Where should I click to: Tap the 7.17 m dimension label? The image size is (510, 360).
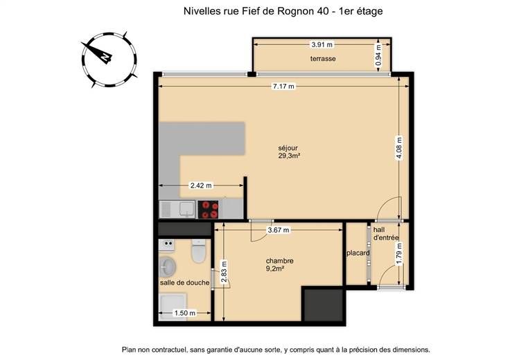(x=283, y=86)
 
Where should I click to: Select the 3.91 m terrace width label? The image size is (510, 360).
(x=322, y=45)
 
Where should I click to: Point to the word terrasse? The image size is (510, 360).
(x=323, y=59)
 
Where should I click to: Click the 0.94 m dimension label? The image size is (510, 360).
(x=378, y=55)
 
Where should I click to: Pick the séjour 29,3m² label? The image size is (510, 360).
(x=288, y=152)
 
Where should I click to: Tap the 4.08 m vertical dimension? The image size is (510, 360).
(x=399, y=148)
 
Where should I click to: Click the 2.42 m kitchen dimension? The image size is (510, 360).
(x=201, y=186)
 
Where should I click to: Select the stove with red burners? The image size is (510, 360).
(x=208, y=210)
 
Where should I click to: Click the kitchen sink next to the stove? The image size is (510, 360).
(x=177, y=209)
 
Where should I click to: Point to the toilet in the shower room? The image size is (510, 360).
(x=198, y=251)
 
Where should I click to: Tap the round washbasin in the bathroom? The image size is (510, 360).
(x=168, y=267)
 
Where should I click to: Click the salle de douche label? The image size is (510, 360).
(x=185, y=282)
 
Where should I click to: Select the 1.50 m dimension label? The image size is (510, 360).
(x=185, y=313)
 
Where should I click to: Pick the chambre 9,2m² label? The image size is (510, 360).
(x=279, y=264)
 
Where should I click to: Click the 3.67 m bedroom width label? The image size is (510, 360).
(x=278, y=230)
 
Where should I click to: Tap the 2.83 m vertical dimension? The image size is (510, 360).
(x=224, y=272)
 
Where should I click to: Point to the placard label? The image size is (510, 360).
(x=358, y=253)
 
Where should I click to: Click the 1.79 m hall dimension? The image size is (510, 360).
(x=399, y=254)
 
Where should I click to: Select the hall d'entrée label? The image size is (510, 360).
(x=386, y=233)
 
